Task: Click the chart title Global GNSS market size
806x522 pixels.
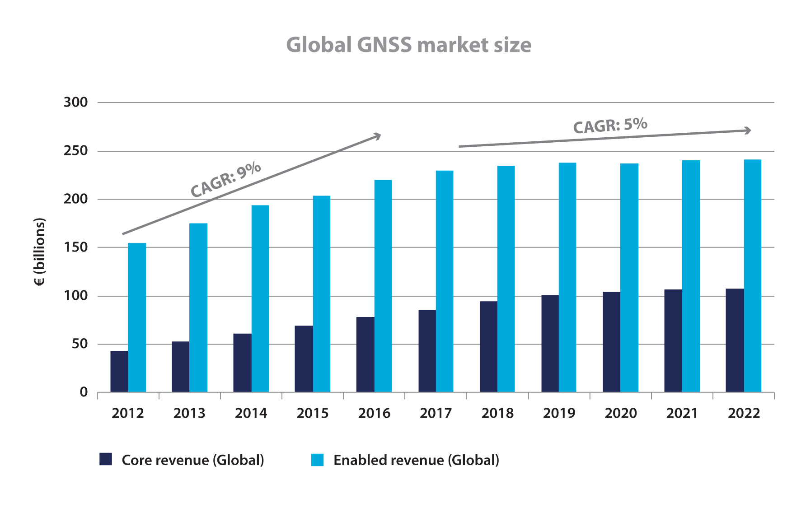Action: [408, 45]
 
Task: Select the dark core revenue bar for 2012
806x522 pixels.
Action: [119, 371]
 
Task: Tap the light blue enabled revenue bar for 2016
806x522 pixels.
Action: [383, 286]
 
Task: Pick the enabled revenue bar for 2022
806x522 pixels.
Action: [752, 275]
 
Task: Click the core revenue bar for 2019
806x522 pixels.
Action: [550, 343]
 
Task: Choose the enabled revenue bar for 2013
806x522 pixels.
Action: [198, 308]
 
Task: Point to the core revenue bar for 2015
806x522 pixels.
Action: [304, 359]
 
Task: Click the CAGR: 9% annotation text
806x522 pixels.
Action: [226, 180]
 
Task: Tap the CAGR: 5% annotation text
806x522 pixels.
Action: [610, 125]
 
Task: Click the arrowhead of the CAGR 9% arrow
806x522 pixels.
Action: [377, 135]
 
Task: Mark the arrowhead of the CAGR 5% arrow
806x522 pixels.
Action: [748, 130]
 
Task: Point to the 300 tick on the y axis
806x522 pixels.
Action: [76, 103]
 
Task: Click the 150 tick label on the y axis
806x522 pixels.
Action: [76, 247]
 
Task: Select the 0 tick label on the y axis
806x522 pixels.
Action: [84, 392]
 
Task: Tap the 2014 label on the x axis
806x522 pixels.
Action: [251, 413]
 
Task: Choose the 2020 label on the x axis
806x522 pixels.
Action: [620, 413]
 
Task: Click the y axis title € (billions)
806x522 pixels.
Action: [40, 252]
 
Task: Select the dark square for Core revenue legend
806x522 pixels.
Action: [106, 459]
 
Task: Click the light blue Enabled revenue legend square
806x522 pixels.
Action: [317, 460]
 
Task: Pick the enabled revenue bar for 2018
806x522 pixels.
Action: [506, 279]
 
